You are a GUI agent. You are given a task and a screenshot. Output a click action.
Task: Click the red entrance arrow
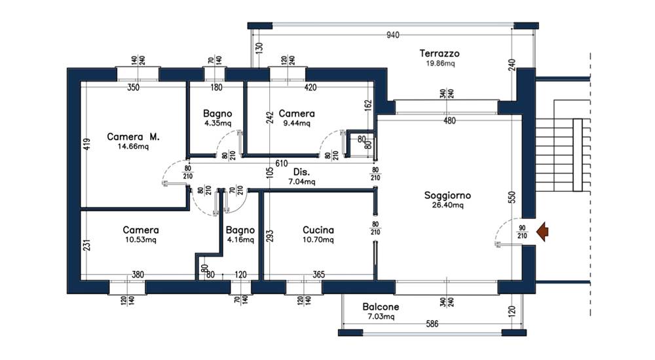[542, 232]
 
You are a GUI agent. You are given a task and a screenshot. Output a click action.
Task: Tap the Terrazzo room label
[440, 54]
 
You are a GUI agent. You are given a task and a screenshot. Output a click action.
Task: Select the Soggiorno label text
[447, 195]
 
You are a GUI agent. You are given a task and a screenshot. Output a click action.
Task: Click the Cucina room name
[318, 230]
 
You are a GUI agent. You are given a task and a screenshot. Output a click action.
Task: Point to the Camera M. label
[133, 137]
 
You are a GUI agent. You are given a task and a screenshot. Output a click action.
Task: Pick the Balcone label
[381, 306]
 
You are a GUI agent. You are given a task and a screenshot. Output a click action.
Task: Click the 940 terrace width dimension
[392, 35]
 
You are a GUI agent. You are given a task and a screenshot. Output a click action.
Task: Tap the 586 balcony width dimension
[432, 323]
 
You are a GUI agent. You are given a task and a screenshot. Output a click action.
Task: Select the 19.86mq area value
[440, 63]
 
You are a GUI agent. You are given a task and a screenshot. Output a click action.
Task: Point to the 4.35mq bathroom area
[217, 123]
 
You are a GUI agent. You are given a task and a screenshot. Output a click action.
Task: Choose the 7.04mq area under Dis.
[301, 182]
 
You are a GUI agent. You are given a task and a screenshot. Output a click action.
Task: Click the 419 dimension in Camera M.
[87, 145]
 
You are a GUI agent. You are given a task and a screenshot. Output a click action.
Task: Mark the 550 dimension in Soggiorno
[513, 197]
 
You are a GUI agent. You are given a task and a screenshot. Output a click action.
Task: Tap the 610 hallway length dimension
[281, 163]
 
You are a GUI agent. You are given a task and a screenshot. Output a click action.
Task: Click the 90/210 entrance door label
[522, 232]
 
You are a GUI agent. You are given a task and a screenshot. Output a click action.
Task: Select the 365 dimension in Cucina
[319, 274]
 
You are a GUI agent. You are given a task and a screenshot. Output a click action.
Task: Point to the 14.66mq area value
[133, 147]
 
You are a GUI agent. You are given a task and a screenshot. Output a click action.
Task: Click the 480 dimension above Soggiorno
[449, 120]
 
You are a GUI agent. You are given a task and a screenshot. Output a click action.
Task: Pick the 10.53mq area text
[141, 240]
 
